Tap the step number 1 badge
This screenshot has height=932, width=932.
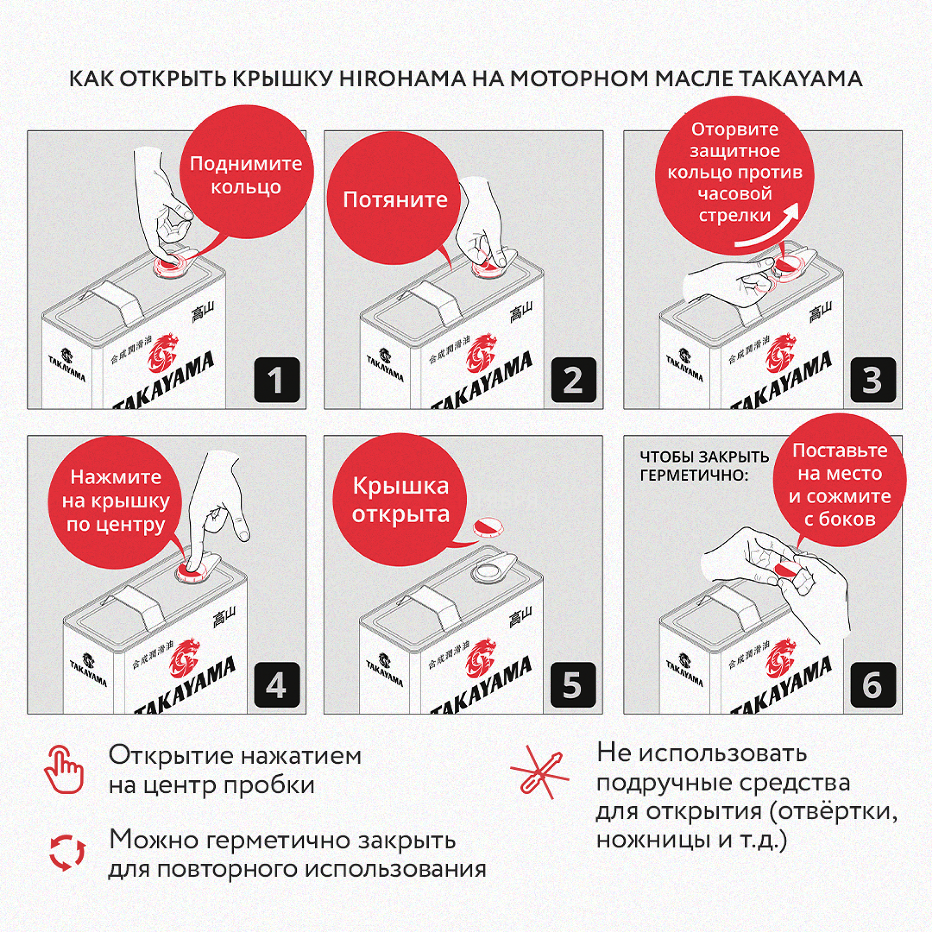[x=277, y=381]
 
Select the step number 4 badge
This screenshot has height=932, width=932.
[x=277, y=685]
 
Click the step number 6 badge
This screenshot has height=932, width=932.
[x=872, y=685]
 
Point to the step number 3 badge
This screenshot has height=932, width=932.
[x=872, y=381]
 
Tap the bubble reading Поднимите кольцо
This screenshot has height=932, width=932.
[x=246, y=175]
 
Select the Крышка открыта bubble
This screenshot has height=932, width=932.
[x=400, y=500]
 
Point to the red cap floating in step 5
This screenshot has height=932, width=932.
[x=489, y=527]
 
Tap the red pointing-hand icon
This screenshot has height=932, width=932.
[x=64, y=770]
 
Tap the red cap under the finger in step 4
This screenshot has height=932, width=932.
[x=190, y=573]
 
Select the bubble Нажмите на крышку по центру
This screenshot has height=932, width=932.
[x=116, y=501]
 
